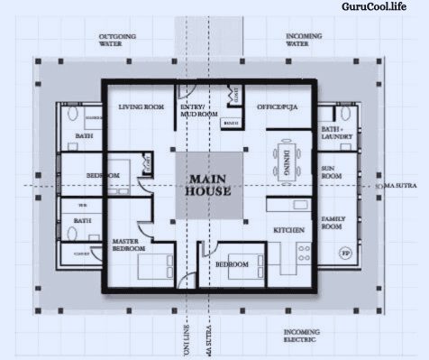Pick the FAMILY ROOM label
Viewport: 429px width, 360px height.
(333, 223)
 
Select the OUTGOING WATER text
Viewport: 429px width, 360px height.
(118, 40)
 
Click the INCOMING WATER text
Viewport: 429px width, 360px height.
(306, 40)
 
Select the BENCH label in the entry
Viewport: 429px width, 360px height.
(231, 123)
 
